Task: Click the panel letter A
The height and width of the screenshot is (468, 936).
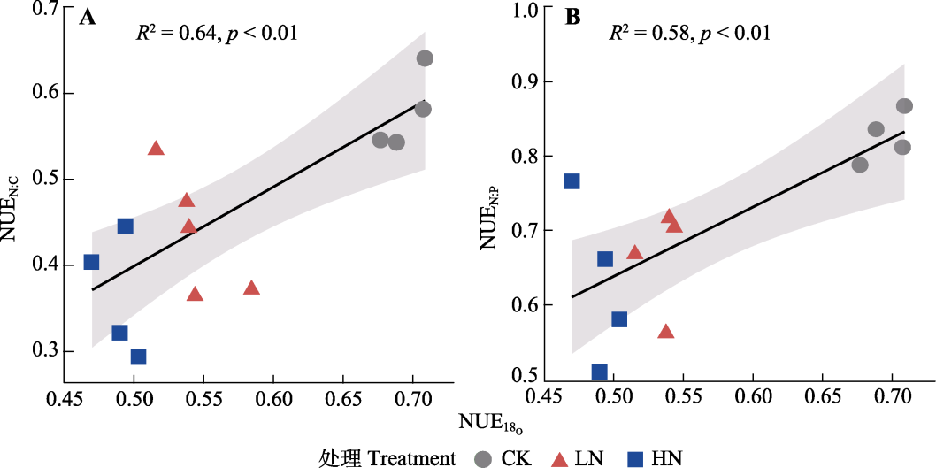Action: [x=88, y=18]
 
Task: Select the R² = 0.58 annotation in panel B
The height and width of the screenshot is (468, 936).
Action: [x=689, y=35]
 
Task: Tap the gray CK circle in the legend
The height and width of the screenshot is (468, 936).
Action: [x=483, y=458]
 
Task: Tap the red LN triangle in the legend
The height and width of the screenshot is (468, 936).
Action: [x=560, y=458]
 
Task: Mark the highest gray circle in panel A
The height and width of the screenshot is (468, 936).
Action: [x=425, y=58]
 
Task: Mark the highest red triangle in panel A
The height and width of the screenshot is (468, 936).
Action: [x=157, y=149]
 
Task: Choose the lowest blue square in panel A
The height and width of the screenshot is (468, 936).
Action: [x=138, y=357]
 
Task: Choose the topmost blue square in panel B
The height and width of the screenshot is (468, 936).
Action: [x=572, y=181]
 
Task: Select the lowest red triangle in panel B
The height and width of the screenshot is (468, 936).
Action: [x=666, y=332]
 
